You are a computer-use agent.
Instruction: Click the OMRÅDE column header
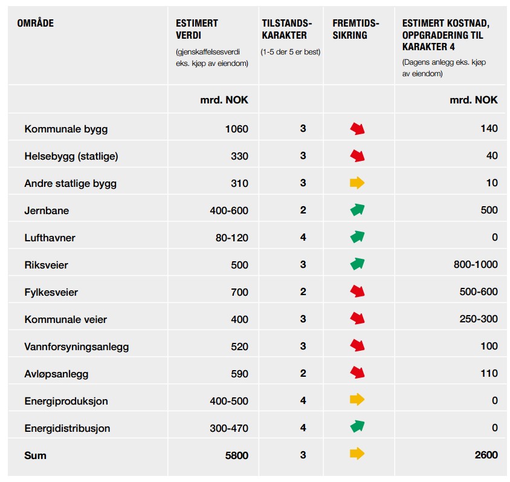pyautogui.click(x=36, y=23)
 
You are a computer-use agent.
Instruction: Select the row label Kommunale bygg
pyautogui.click(x=66, y=129)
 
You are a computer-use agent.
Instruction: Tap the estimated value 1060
pyautogui.click(x=237, y=129)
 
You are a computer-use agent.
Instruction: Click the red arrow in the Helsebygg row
pyautogui.click(x=357, y=155)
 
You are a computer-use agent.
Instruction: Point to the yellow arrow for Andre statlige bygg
pyautogui.click(x=357, y=183)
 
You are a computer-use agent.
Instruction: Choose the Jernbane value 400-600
pyautogui.click(x=229, y=210)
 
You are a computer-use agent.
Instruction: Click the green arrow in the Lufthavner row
pyautogui.click(x=357, y=237)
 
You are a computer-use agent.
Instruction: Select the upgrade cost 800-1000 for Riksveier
pyautogui.click(x=476, y=264)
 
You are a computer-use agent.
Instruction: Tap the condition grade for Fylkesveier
pyautogui.click(x=303, y=291)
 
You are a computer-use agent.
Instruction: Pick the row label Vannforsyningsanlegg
pyautogui.click(x=76, y=347)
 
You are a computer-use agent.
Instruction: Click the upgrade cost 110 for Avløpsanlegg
pyautogui.click(x=489, y=373)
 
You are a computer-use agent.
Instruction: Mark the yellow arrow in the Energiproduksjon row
pyautogui.click(x=357, y=399)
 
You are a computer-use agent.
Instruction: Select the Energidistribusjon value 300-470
pyautogui.click(x=229, y=428)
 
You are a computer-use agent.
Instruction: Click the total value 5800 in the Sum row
pyautogui.click(x=237, y=455)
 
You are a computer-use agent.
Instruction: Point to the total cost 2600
pyautogui.click(x=486, y=455)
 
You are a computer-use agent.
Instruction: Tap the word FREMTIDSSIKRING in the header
pyautogui.click(x=355, y=29)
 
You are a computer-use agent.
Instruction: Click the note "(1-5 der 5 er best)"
pyautogui.click(x=291, y=52)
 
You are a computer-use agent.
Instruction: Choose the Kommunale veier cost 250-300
pyautogui.click(x=479, y=319)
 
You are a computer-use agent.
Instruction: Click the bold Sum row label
pyautogui.click(x=35, y=455)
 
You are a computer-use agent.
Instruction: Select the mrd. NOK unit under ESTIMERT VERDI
pyautogui.click(x=224, y=100)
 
